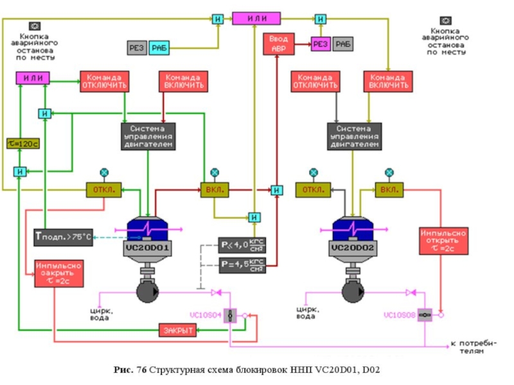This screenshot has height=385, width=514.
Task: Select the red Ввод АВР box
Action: tap(278, 44)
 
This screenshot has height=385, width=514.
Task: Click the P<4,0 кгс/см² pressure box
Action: tap(243, 245)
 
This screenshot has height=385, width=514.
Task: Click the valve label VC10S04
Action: tap(205, 315)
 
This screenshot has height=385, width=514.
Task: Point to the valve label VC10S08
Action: tap(400, 315)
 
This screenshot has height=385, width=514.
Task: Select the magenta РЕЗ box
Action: tap(321, 44)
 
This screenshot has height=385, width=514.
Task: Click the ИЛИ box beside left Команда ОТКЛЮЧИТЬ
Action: tap(32, 78)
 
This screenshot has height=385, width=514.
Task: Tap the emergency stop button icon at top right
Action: tap(445, 21)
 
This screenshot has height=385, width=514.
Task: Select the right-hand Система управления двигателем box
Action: tap(355, 136)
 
